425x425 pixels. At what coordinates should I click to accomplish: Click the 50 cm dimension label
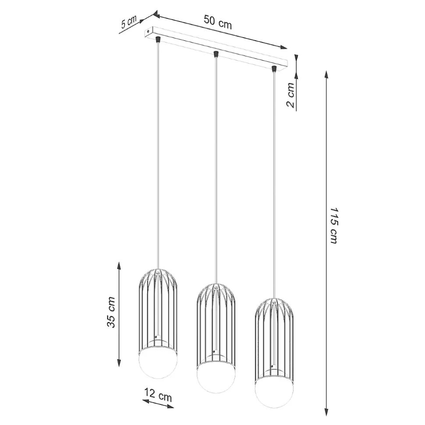[x=218, y=22]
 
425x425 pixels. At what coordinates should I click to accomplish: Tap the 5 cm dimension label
[x=129, y=22]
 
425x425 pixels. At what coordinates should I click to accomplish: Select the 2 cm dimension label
[x=290, y=95]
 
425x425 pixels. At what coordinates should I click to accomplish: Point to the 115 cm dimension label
[x=334, y=225]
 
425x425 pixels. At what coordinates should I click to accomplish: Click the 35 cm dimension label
[x=111, y=312]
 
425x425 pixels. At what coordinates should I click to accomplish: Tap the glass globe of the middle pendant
[x=216, y=378]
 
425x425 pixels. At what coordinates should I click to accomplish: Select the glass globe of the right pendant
[x=274, y=393]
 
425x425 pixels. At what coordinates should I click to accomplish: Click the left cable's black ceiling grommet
[x=157, y=39]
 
